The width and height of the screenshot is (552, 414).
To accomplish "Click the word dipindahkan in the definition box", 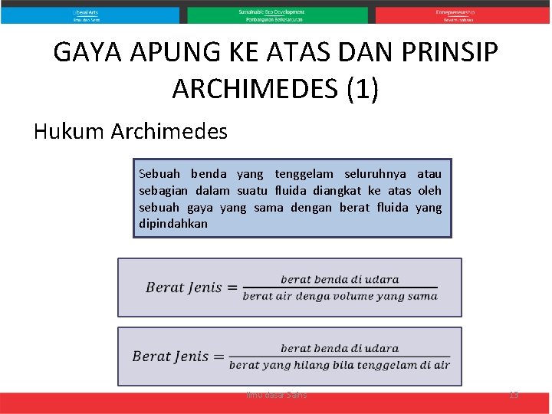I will tap(173, 224).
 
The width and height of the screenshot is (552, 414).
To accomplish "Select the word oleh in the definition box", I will tap(429, 191).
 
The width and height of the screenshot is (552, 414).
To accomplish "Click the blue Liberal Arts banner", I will tap(90, 15).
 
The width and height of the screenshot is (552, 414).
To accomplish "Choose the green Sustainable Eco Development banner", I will tap(277, 15).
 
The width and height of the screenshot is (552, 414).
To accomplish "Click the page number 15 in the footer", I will tap(514, 394).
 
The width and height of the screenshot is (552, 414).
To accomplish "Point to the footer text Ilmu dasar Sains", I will tap(276, 394).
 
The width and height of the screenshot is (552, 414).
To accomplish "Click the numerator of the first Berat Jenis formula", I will tap(340, 279).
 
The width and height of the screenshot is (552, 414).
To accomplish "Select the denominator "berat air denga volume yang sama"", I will tap(340, 296).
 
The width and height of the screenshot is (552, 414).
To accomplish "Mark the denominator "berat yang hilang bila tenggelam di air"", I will tap(340, 365).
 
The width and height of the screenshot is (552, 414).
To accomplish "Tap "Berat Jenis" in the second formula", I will tap(170, 356).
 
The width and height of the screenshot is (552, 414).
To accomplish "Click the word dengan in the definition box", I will tap(311, 208).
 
